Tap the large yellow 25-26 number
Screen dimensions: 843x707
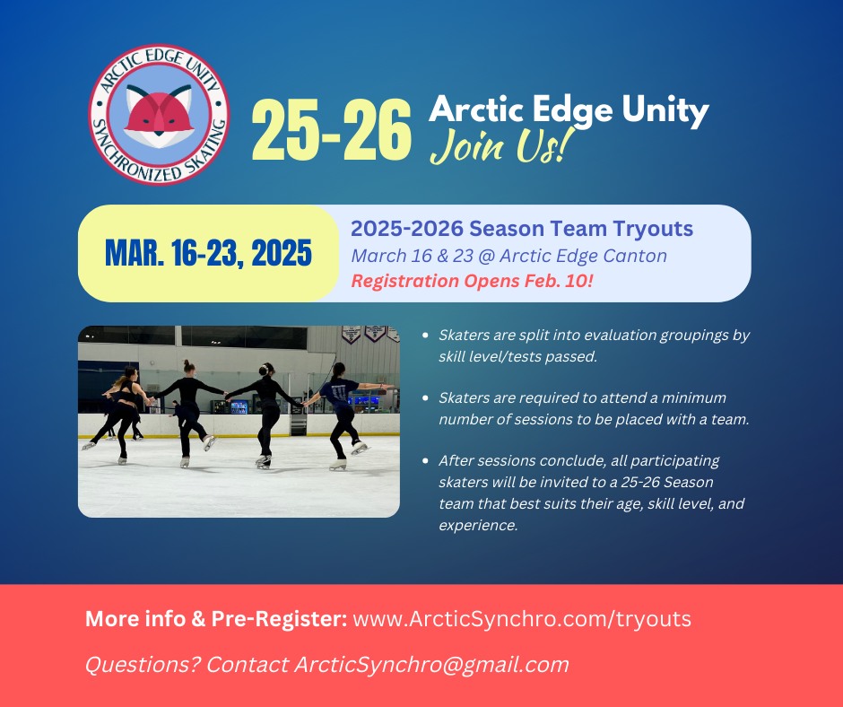(331, 130)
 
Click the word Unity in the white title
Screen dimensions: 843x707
(665, 110)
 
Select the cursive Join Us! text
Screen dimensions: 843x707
(499, 146)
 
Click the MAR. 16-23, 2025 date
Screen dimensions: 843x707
(208, 253)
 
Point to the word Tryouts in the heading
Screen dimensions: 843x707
(652, 229)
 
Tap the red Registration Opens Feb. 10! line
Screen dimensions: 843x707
(472, 281)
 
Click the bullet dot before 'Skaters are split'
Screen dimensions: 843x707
(425, 336)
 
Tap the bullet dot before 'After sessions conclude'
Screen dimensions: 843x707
(425, 461)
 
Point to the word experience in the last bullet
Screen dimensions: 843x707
(477, 525)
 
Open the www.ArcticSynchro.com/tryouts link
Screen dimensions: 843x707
(522, 619)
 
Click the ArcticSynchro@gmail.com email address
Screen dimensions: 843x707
(431, 665)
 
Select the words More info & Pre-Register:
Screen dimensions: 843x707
(216, 619)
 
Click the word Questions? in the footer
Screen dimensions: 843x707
(143, 665)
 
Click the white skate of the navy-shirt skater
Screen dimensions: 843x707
(337, 465)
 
